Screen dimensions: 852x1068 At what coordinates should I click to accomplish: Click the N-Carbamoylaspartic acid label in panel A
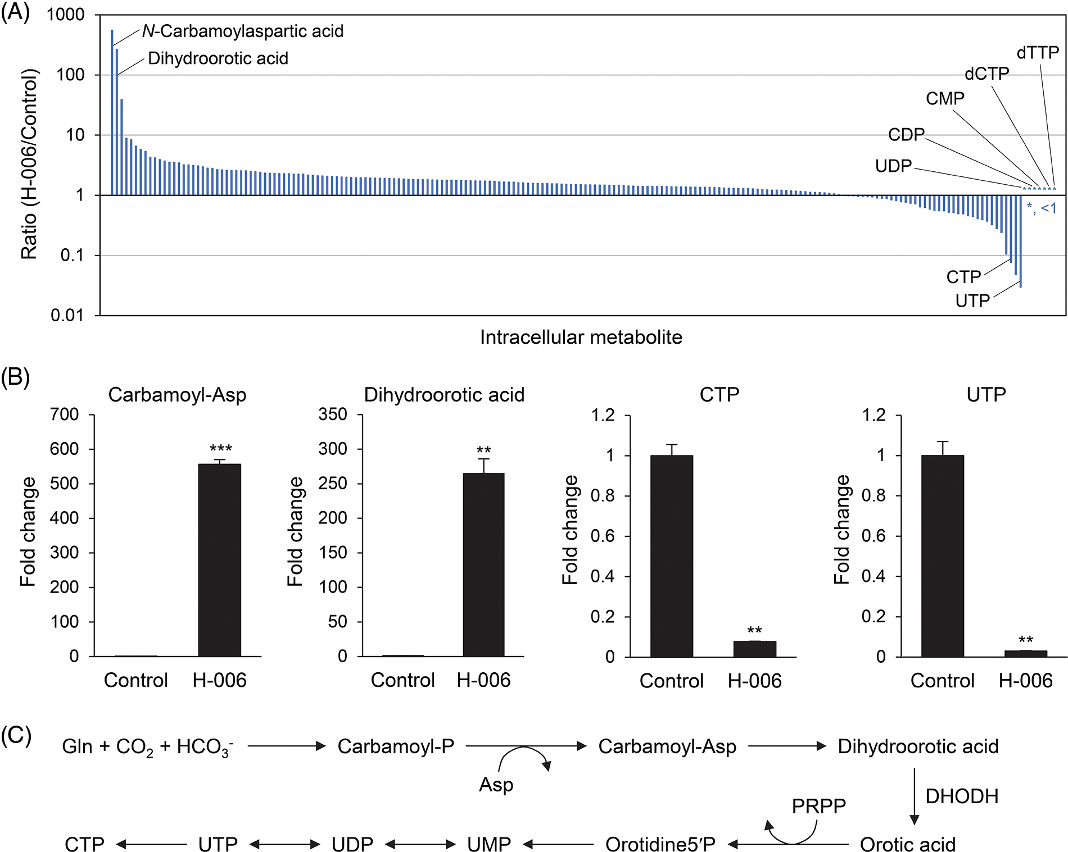(x=242, y=31)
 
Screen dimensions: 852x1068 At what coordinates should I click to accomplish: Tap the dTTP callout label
(x=1037, y=53)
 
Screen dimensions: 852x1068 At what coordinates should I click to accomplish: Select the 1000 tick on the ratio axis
(x=66, y=15)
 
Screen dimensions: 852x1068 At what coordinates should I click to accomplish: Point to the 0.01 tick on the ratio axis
(x=67, y=315)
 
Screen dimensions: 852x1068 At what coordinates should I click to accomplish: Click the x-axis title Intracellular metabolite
(x=581, y=337)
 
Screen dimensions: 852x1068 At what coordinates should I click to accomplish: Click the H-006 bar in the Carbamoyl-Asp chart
(x=219, y=559)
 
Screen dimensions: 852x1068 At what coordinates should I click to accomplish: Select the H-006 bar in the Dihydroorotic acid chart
(x=483, y=564)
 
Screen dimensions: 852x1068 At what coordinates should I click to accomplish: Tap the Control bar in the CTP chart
(x=671, y=555)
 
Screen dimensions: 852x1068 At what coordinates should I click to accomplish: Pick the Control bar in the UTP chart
(x=942, y=555)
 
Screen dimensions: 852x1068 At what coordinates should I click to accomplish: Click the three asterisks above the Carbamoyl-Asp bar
(x=220, y=449)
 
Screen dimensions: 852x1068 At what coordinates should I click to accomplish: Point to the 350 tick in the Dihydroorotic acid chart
(x=333, y=414)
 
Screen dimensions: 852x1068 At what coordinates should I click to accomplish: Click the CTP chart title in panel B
(x=719, y=394)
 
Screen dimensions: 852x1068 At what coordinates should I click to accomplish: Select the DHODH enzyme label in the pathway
(x=962, y=796)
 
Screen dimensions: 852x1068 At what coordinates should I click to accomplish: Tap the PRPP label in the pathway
(x=818, y=806)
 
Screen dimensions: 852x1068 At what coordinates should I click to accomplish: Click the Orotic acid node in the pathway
(x=907, y=844)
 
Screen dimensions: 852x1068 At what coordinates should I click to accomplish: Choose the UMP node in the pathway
(x=489, y=844)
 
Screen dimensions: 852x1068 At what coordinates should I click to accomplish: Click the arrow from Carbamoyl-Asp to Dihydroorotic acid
(x=787, y=746)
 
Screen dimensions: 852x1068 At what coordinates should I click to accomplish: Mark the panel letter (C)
(x=16, y=735)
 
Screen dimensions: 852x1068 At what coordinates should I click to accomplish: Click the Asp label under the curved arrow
(x=496, y=784)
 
